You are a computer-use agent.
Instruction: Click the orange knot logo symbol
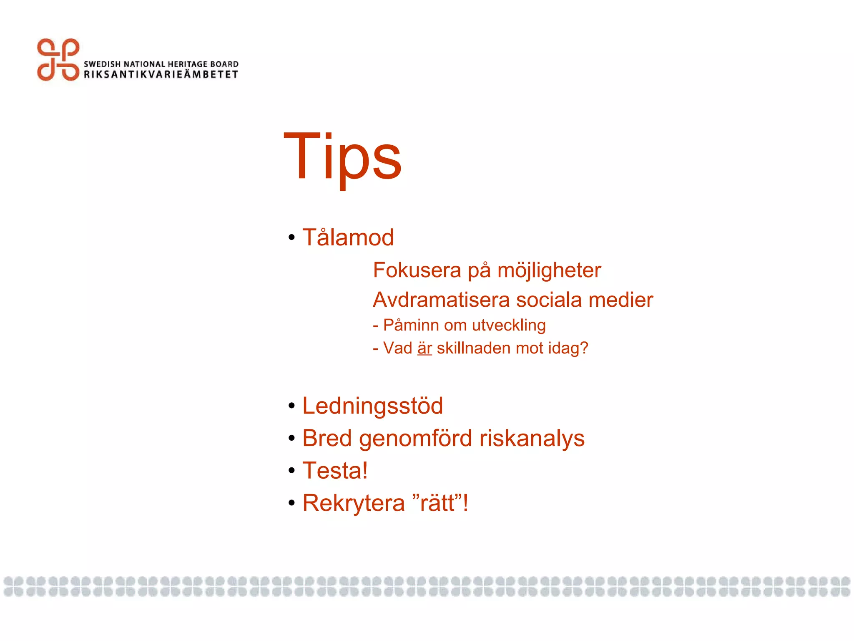[58, 60]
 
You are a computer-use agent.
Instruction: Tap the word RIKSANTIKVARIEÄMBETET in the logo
[161, 75]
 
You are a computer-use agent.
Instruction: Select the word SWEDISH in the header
[102, 64]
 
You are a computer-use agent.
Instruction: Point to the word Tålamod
[348, 237]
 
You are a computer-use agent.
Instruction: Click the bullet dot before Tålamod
[291, 238]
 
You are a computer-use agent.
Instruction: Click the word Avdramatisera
[441, 300]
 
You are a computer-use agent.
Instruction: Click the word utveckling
[509, 326]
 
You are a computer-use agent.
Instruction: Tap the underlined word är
[424, 348]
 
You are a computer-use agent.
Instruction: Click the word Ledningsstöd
[373, 406]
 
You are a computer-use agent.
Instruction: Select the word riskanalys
[532, 439]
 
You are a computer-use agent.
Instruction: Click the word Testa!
[335, 471]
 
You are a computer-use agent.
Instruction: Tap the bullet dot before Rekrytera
[291, 503]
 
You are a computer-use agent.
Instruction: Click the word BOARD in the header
[224, 64]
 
